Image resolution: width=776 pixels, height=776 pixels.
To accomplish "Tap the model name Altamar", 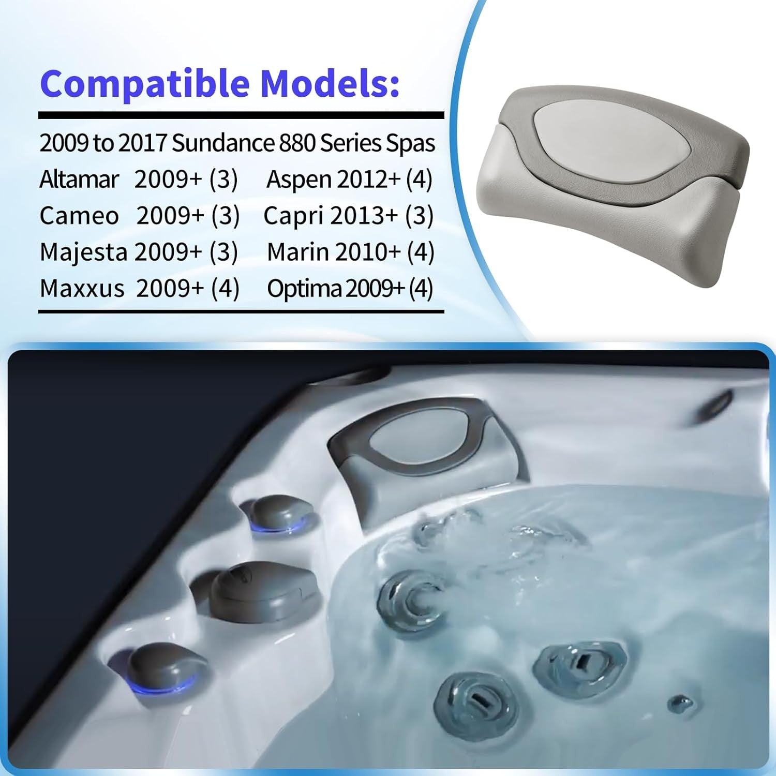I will coord(79,180).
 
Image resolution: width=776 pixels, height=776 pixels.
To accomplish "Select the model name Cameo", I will coord(79,216).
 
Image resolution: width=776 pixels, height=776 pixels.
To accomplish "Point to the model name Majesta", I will coord(83,252).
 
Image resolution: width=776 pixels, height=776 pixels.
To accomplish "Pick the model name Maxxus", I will coord(82,289).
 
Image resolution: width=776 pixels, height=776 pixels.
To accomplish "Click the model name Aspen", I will coord(299,180).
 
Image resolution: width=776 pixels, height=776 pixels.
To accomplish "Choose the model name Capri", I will coord(293,216).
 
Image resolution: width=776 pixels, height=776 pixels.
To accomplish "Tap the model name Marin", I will coord(297,252).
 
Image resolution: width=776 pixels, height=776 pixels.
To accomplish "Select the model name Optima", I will coord(304,289).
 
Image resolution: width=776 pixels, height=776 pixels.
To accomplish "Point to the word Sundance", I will coord(223,143).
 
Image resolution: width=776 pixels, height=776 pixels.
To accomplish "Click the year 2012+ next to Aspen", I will coord(368,180).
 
